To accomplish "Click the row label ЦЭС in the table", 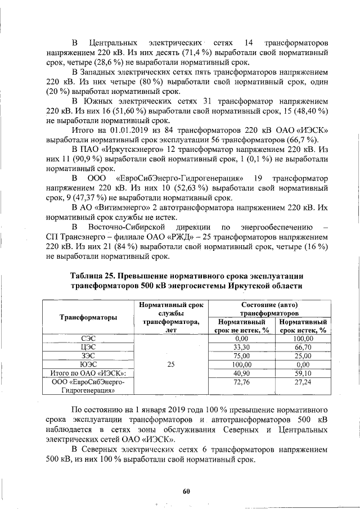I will [88, 348].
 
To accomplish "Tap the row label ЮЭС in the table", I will [88, 364].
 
